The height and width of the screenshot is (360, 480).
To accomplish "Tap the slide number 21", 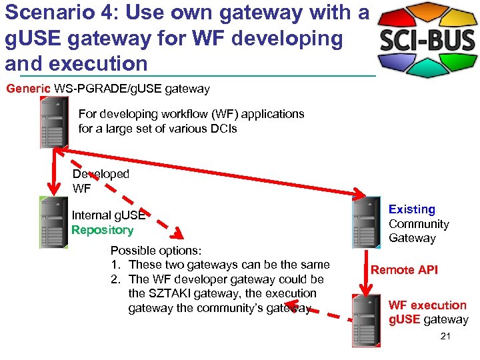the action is [x=445, y=337].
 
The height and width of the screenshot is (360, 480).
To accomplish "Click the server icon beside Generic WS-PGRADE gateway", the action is [x=54, y=122].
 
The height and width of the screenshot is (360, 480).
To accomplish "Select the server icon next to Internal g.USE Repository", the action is [x=53, y=223].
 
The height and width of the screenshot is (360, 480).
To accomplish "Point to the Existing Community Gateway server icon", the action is [x=366, y=223].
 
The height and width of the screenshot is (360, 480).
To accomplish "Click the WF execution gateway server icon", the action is [x=366, y=320].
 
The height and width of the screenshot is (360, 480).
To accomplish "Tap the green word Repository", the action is [x=102, y=230].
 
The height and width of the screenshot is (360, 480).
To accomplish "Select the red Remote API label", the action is [x=404, y=269].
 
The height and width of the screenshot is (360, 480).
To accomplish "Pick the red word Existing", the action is [x=411, y=209].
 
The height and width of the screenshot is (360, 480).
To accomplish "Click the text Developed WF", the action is [x=101, y=181].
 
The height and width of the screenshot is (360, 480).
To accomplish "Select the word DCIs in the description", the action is [x=223, y=129].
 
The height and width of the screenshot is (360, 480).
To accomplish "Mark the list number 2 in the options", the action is [x=115, y=279].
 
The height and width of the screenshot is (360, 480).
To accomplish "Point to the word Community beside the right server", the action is [x=419, y=224].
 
